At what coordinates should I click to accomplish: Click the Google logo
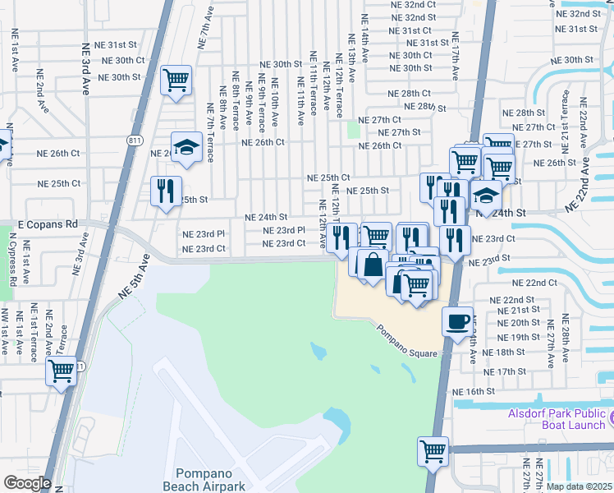coord(27,483)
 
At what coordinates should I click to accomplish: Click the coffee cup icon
coord(457,320)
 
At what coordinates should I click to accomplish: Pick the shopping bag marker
coord(373,264)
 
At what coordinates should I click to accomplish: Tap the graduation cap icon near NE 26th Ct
coord(186,147)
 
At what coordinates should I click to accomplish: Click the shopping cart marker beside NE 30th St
coord(176,80)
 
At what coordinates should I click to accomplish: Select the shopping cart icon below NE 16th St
coord(433,449)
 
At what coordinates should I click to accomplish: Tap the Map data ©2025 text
coord(580,486)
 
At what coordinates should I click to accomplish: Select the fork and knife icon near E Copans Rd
coord(166,191)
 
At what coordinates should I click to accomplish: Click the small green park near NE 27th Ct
coord(354,129)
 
